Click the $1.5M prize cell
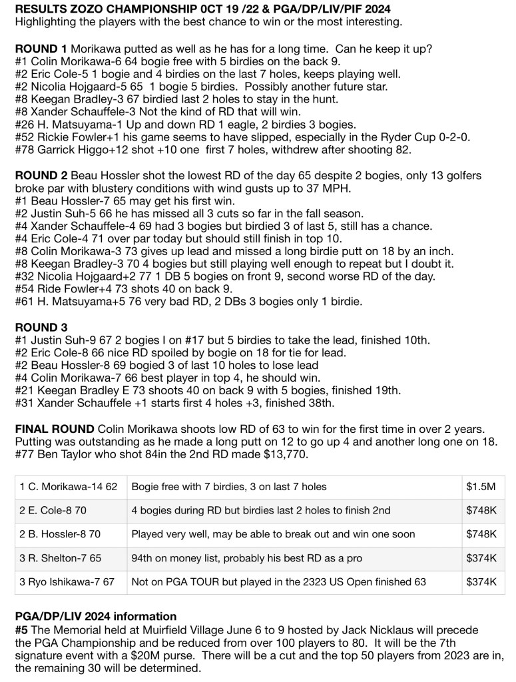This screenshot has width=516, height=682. (481, 486)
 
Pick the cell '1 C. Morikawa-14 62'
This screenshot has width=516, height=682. (69, 486)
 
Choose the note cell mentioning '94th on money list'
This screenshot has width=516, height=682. (293, 558)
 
